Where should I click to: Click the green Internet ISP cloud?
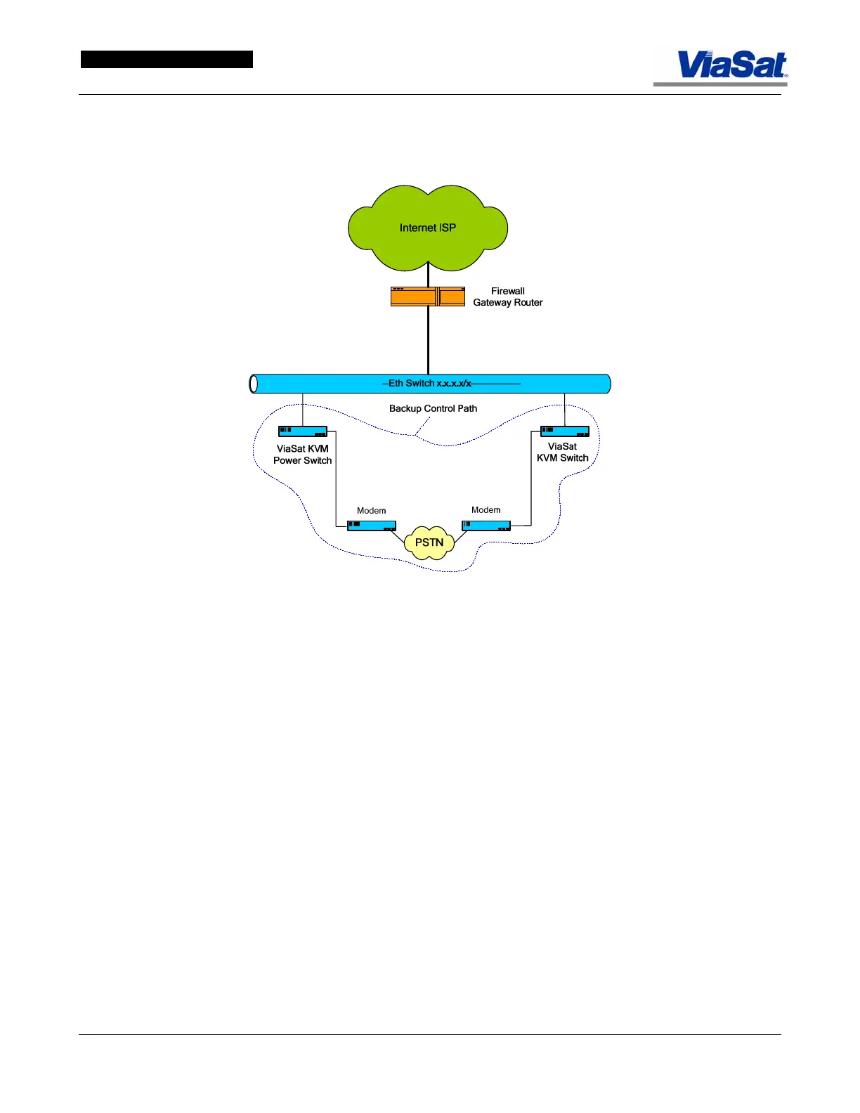coord(427,227)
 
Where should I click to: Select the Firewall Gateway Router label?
coord(507,297)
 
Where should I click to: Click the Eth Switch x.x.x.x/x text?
coord(429,383)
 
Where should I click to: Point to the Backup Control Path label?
coord(433,408)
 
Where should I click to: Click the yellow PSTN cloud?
coord(429,542)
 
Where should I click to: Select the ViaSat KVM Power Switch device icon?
coord(303,431)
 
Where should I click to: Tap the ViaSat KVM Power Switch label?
coord(302,455)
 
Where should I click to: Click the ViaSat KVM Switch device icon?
coord(564,431)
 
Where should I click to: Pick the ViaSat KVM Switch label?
coord(562,452)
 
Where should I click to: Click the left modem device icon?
coord(372,526)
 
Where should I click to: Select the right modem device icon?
coord(486,525)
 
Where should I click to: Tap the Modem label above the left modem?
coord(371,511)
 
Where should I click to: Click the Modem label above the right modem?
coord(486,510)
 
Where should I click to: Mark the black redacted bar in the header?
coord(167,60)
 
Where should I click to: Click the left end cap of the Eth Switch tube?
coord(254,384)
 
